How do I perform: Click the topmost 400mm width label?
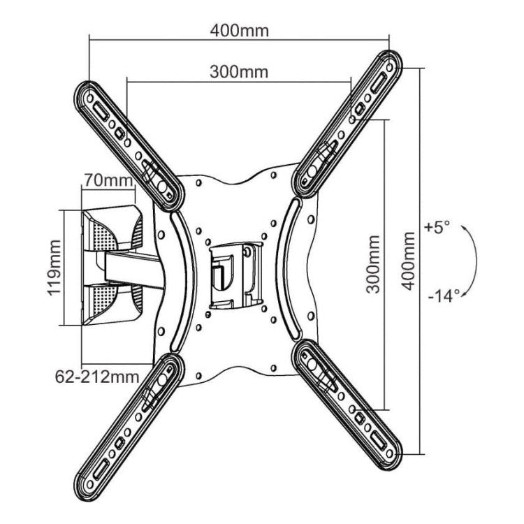tap(239, 31)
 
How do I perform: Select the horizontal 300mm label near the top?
tap(239, 71)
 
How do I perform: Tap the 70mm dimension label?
tap(108, 180)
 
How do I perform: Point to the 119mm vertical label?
tap(54, 268)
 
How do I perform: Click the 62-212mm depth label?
tap(97, 377)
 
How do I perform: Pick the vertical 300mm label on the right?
tap(373, 264)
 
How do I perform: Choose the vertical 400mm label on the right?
tap(408, 261)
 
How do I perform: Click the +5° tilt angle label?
tap(437, 227)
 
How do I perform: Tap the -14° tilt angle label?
tap(444, 296)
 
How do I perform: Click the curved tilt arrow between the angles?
tap(476, 261)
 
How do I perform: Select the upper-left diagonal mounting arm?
tap(129, 146)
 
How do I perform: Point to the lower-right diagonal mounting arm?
tap(347, 405)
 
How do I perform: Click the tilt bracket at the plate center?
tap(235, 275)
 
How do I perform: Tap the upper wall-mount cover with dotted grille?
tap(112, 229)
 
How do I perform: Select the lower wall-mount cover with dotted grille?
tap(112, 304)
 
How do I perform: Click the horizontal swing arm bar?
tap(133, 268)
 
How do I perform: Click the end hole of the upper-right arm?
tap(390, 68)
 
